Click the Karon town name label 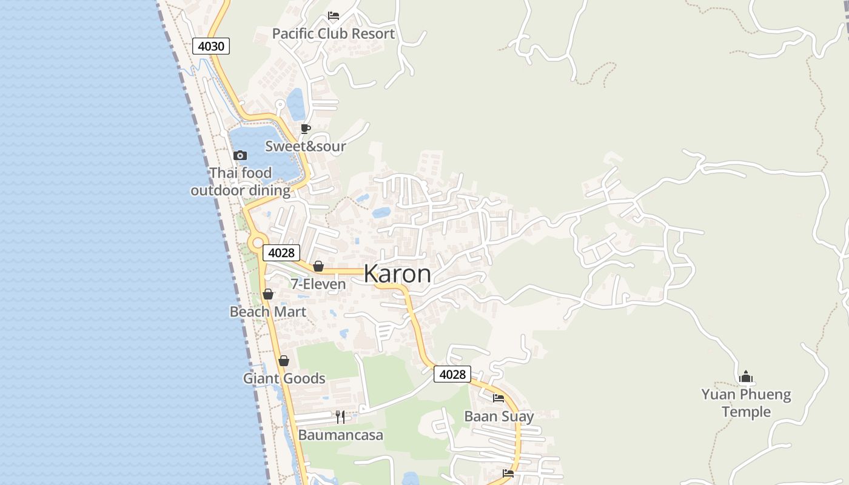click(x=397, y=274)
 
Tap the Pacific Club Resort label click(x=333, y=34)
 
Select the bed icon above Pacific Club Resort click(x=333, y=16)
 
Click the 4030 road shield click(x=211, y=46)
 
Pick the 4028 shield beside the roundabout click(x=281, y=253)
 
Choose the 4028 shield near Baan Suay click(x=452, y=375)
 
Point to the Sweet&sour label click(x=306, y=146)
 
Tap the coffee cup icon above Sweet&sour click(x=306, y=129)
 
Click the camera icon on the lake click(x=240, y=155)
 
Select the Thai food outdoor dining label click(x=241, y=182)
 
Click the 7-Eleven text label click(x=318, y=284)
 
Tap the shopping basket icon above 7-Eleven click(x=318, y=266)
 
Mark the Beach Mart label click(x=268, y=312)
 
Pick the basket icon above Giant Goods click(x=284, y=361)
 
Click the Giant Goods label click(x=284, y=378)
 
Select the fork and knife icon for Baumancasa click(x=340, y=417)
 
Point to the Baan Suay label click(x=499, y=416)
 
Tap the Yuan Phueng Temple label click(x=746, y=403)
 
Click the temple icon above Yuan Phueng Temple click(x=746, y=376)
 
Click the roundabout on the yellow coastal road click(x=257, y=242)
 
